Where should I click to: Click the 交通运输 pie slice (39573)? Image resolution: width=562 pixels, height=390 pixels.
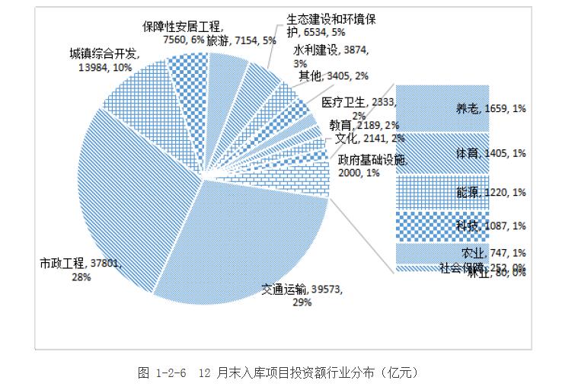pyautogui.click(x=259, y=236)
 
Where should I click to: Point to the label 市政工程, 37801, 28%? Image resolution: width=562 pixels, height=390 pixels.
pyautogui.click(x=81, y=270)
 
